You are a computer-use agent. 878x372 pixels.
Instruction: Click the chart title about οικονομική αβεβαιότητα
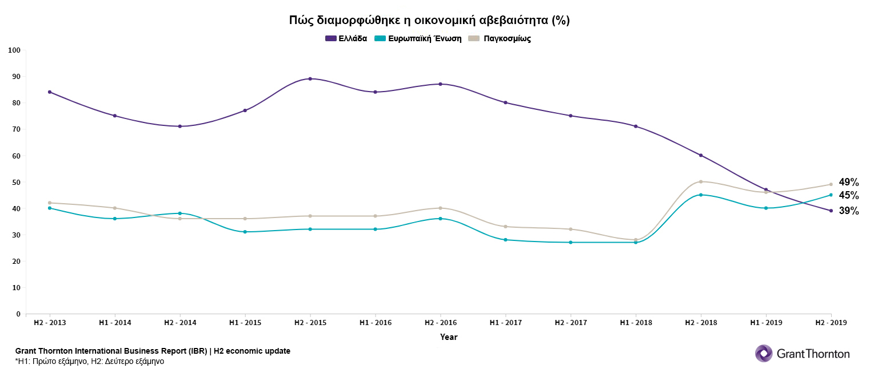pos(429,21)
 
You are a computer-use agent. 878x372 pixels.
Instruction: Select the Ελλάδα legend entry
pos(346,38)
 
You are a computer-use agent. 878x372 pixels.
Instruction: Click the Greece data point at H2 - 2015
pos(310,78)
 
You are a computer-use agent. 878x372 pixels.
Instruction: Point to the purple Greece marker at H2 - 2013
pos(50,92)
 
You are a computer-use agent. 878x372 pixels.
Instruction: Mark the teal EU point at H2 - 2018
pos(701,195)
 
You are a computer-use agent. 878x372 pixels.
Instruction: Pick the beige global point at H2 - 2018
pos(701,181)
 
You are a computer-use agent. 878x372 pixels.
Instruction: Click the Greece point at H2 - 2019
pos(831,211)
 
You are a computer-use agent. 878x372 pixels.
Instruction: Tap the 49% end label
pos(849,182)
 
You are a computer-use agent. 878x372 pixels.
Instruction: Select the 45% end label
pos(849,195)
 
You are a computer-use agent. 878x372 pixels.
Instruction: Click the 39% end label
pos(849,211)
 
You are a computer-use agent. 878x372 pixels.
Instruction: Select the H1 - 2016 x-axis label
pos(375,323)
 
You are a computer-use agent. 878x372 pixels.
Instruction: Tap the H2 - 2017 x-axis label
pos(570,323)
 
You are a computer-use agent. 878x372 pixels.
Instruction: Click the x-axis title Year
pos(448,337)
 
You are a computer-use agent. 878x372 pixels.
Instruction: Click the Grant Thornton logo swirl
pos(764,353)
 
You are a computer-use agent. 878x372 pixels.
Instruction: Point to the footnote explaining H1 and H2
pos(90,361)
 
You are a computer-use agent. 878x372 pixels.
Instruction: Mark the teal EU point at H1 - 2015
pos(245,232)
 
